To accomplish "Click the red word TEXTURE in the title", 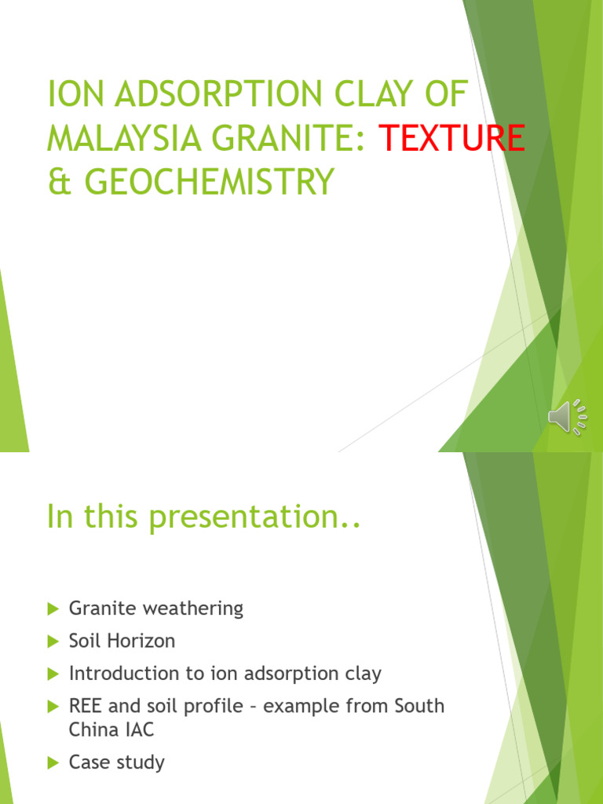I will (x=452, y=140).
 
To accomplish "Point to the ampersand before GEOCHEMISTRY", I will (x=57, y=182).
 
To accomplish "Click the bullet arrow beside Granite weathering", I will (x=53, y=608).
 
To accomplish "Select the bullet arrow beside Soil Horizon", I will (x=53, y=641).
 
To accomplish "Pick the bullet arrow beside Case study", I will (x=53, y=762).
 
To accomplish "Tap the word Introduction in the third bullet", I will (x=117, y=674).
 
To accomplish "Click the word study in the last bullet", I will (x=141, y=762).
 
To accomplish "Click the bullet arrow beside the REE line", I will (x=53, y=707).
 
